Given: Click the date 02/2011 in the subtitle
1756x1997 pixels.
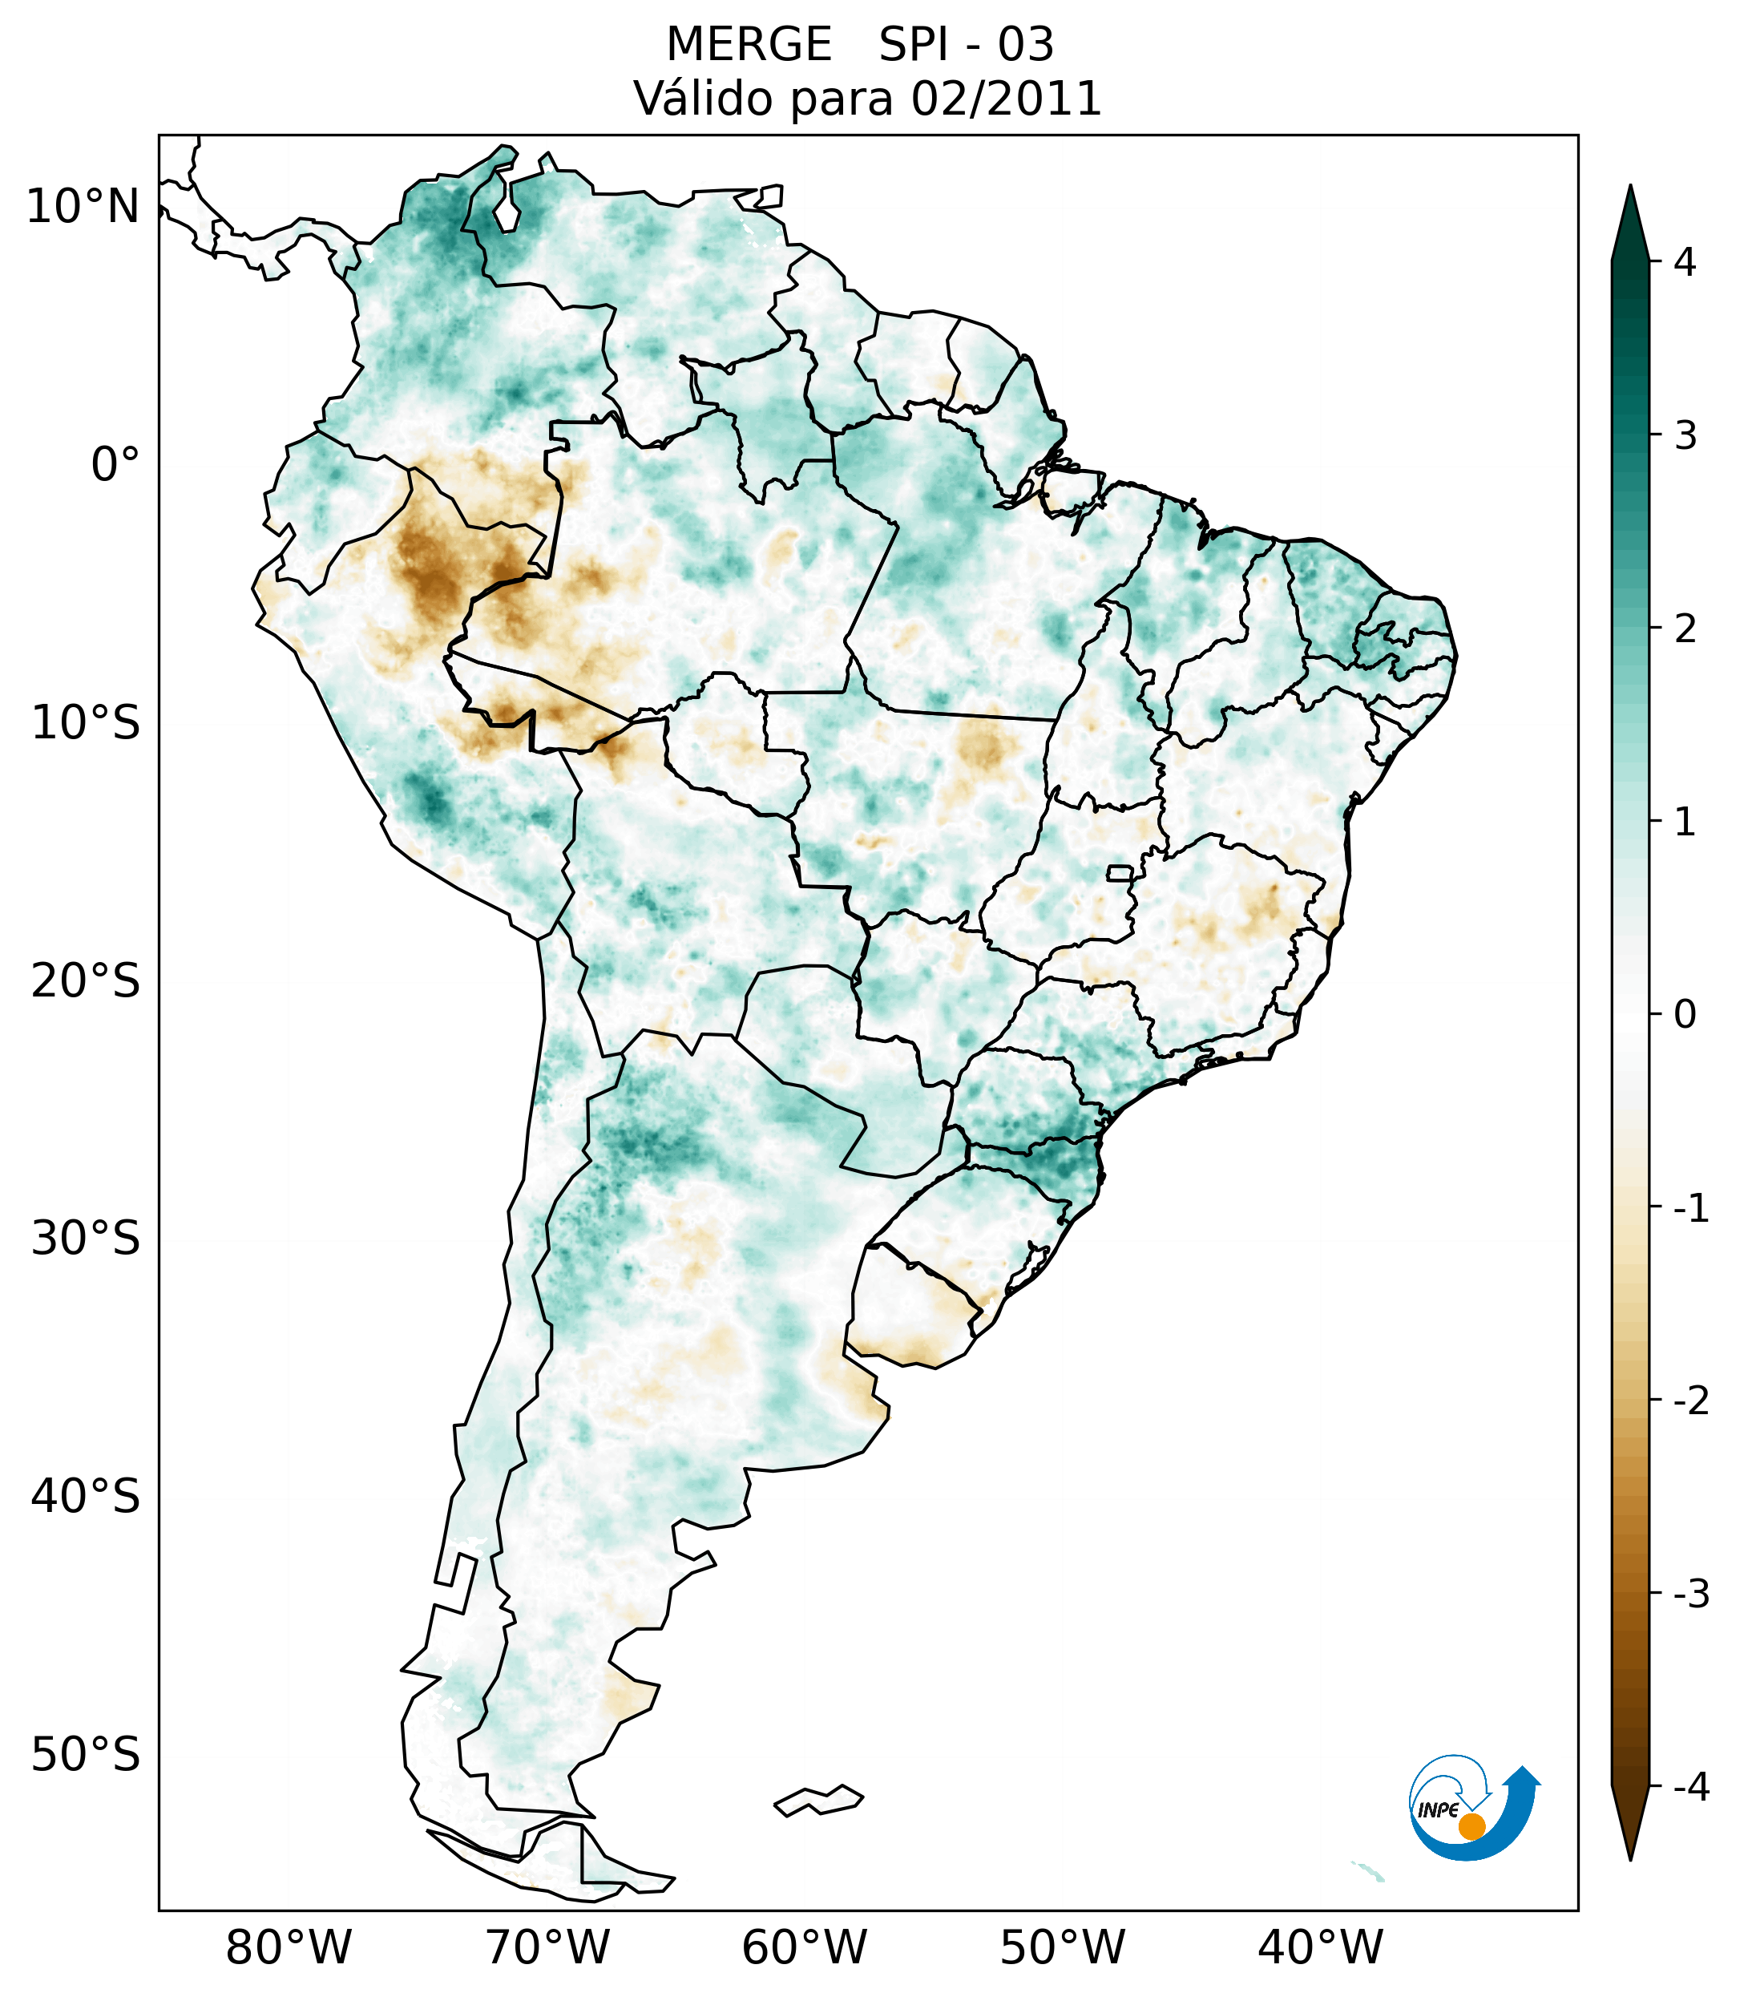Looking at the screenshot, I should click(x=1006, y=99).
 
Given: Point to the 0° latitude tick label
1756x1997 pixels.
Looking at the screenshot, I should click(x=115, y=464).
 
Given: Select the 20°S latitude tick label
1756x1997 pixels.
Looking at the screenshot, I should click(x=86, y=981).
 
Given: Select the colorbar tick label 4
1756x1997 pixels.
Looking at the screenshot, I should click(x=1685, y=262).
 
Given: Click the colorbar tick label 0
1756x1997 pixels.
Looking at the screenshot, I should click(x=1685, y=1014).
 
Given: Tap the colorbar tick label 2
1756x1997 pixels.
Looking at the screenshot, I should click(x=1685, y=629).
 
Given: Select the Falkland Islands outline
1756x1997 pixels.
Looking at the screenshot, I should click(x=818, y=1801).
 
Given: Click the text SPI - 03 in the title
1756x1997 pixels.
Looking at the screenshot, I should click(x=966, y=45).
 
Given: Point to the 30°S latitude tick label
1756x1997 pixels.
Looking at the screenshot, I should click(x=86, y=1239).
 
